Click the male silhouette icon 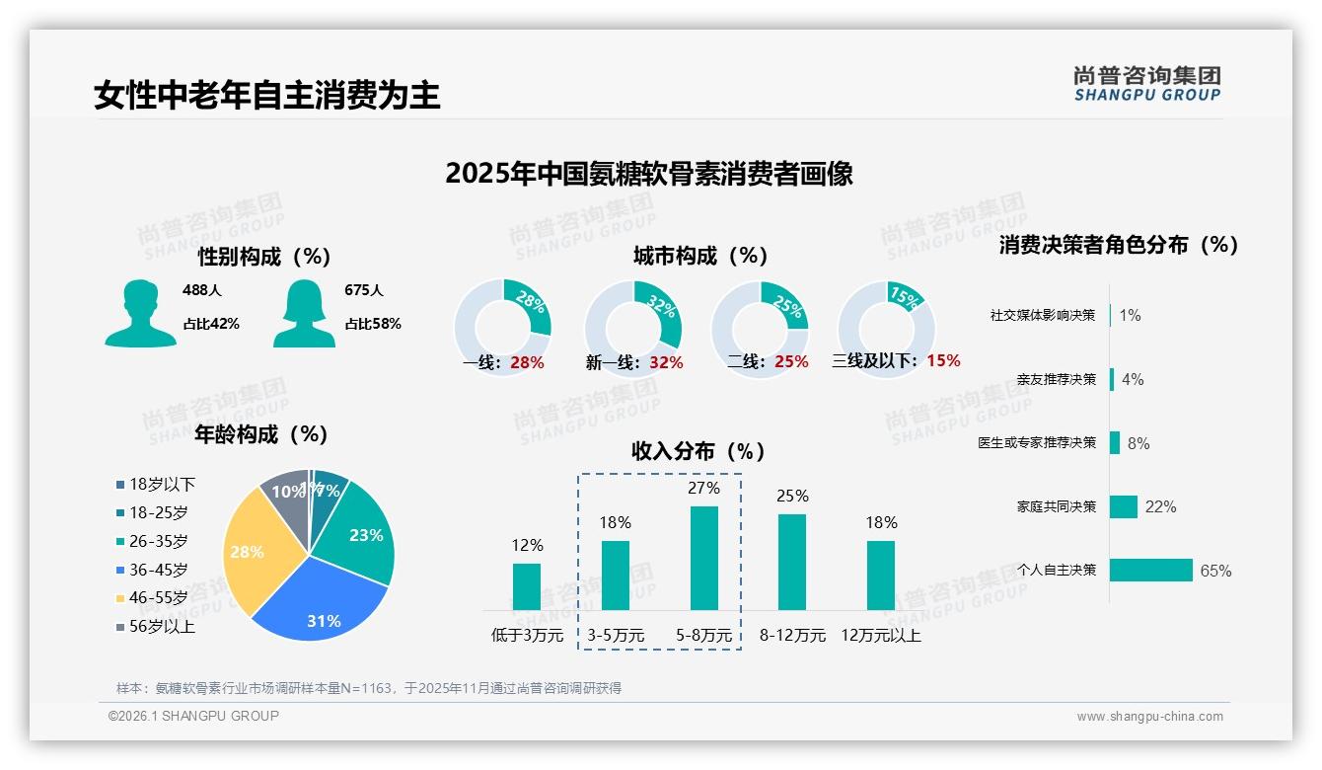click(140, 313)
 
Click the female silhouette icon click(304, 313)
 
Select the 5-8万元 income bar click(703, 558)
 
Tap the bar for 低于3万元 click(527, 586)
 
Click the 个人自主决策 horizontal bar click(1151, 570)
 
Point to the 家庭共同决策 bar click(1124, 506)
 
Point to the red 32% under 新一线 click(666, 362)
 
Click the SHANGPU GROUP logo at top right click(1146, 84)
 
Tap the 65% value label click(1215, 571)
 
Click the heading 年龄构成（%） click(261, 433)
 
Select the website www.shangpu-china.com click(1149, 717)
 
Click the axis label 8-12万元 click(792, 636)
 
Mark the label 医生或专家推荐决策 click(1037, 442)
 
